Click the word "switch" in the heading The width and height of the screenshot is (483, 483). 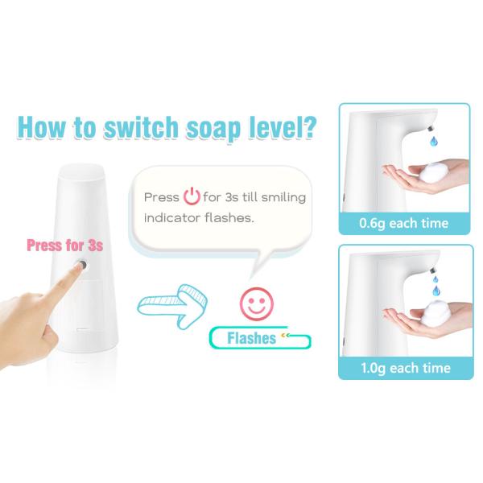click(141, 126)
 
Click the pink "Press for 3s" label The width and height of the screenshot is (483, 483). click(64, 246)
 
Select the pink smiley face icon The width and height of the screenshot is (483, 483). click(256, 303)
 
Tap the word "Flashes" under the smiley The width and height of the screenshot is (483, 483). click(251, 338)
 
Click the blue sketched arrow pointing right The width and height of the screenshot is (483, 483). click(172, 306)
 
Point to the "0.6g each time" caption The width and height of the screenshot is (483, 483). click(403, 223)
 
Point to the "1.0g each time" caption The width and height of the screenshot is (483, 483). click(406, 368)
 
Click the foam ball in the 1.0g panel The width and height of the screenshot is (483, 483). click(436, 314)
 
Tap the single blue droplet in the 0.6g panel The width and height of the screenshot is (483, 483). click(434, 141)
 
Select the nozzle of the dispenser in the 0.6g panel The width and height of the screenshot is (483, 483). click(431, 127)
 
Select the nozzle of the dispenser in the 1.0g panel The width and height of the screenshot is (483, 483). click(433, 270)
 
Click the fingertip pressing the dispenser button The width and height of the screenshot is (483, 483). click(80, 267)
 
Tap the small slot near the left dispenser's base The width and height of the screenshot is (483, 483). click(83, 329)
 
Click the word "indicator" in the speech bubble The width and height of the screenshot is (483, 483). click(172, 218)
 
